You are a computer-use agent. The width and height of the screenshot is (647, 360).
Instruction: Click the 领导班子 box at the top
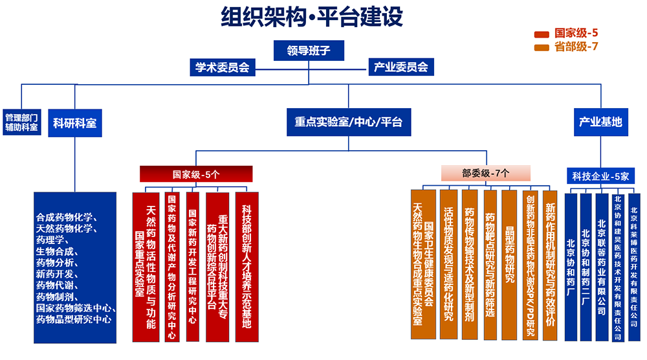308,51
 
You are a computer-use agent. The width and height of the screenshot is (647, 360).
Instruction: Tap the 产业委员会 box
400,67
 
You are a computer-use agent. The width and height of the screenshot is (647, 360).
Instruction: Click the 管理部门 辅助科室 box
22,122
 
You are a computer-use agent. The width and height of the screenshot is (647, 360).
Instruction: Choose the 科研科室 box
75,122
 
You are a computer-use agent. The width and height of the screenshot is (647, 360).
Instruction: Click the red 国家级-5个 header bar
196,174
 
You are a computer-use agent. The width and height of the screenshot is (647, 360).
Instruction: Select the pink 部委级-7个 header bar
486,173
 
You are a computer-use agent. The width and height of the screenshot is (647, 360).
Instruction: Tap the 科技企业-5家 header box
600,176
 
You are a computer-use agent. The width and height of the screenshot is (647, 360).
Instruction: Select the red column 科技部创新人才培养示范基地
247,265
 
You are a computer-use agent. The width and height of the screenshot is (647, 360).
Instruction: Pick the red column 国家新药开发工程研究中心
193,265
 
